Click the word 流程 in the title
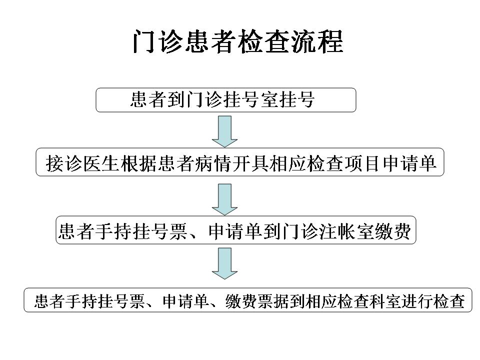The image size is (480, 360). click(x=317, y=41)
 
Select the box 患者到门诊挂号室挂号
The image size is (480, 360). click(x=226, y=100)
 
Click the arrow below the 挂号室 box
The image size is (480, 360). click(x=224, y=131)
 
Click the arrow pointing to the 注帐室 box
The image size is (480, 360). click(x=224, y=199)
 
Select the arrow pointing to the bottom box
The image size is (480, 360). click(x=224, y=263)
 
